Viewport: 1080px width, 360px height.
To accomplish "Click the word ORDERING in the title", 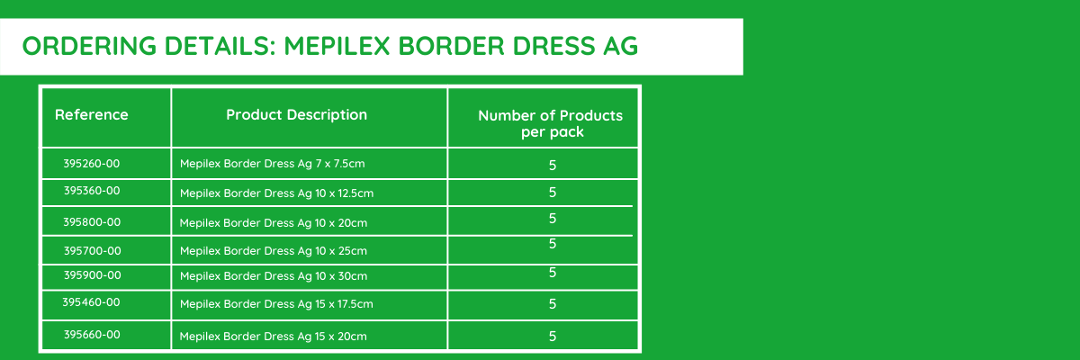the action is [x=89, y=46].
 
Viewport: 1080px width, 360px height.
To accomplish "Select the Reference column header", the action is [x=92, y=114].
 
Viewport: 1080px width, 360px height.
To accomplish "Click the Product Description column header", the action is [x=296, y=114].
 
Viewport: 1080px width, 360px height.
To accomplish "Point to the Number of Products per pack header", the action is [x=551, y=123].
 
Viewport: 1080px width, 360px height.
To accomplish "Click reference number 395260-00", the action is [x=92, y=164].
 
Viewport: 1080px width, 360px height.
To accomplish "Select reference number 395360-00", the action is [x=92, y=191].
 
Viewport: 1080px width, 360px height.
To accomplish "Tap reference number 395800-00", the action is [x=92, y=222].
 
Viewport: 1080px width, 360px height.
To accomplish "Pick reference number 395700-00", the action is [x=93, y=250].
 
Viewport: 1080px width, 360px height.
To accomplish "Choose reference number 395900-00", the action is [x=93, y=275].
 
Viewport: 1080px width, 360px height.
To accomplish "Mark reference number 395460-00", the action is [x=91, y=302].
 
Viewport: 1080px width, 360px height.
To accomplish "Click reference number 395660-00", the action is [x=92, y=335].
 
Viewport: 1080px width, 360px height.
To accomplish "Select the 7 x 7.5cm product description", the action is [x=273, y=164].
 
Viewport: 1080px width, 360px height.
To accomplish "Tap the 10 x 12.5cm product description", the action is [x=277, y=193].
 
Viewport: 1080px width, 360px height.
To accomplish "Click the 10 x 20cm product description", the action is [x=274, y=223].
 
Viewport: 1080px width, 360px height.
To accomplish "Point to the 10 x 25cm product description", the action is [x=274, y=251].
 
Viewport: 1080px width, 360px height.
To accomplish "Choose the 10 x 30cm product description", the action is [x=274, y=276].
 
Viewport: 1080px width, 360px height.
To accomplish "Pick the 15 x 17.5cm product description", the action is [x=276, y=304].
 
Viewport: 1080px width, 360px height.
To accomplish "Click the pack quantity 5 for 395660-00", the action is [x=553, y=336].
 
